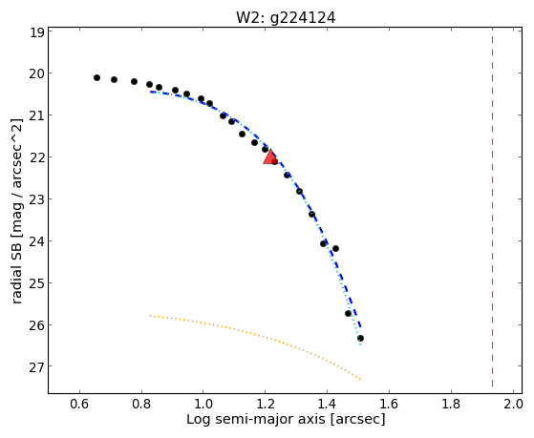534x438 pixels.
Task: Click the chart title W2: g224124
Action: tap(286, 17)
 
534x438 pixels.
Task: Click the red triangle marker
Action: tap(270, 156)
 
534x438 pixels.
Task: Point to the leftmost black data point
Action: tap(96, 78)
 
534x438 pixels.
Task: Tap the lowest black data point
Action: tap(360, 339)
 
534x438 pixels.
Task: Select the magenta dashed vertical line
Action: tap(492, 207)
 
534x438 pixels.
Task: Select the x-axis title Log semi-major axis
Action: tap(256, 419)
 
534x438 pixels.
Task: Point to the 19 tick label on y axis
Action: tap(37, 33)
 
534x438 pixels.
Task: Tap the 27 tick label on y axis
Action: tap(37, 366)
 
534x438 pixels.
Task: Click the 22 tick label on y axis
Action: tap(37, 157)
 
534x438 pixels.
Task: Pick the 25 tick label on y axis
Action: tap(37, 283)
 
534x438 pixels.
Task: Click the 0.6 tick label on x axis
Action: tap(79, 404)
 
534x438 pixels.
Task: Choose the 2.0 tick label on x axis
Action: tap(513, 404)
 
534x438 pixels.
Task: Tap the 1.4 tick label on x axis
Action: tap(328, 404)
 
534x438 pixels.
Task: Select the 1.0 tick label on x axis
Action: tap(203, 404)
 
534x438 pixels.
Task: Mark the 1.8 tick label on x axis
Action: tap(451, 404)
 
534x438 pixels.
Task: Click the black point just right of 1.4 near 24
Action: tap(335, 248)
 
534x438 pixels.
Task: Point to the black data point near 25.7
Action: tap(348, 313)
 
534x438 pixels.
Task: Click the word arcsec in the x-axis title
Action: tap(357, 419)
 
